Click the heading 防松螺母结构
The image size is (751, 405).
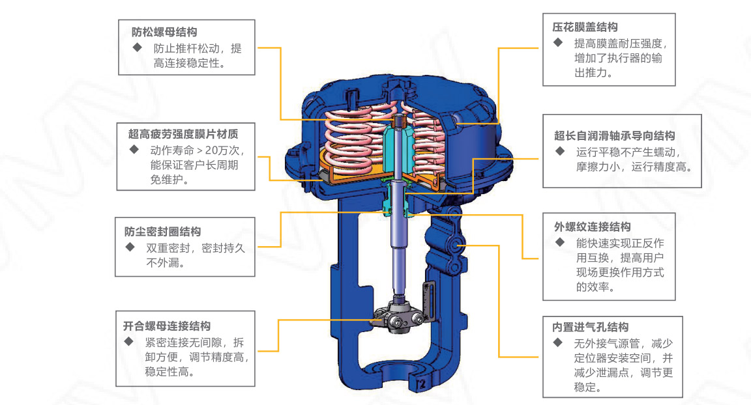tap(164, 32)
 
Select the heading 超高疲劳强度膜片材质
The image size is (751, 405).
tap(183, 134)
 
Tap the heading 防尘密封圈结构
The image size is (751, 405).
tap(162, 232)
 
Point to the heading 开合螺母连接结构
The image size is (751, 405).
tap(167, 326)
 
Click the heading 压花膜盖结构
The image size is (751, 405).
tap(585, 27)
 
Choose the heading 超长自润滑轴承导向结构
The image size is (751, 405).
tap(615, 136)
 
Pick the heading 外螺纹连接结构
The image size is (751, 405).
tap(592, 227)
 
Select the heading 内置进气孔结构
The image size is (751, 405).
tap(590, 327)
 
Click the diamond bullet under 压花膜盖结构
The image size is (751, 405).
tap(558, 42)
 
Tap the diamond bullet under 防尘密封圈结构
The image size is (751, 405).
tap(130, 247)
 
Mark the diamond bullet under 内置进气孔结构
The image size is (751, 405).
tap(558, 343)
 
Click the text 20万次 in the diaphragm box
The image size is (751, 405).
tap(222, 150)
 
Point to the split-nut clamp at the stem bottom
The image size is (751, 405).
tap(398, 320)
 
